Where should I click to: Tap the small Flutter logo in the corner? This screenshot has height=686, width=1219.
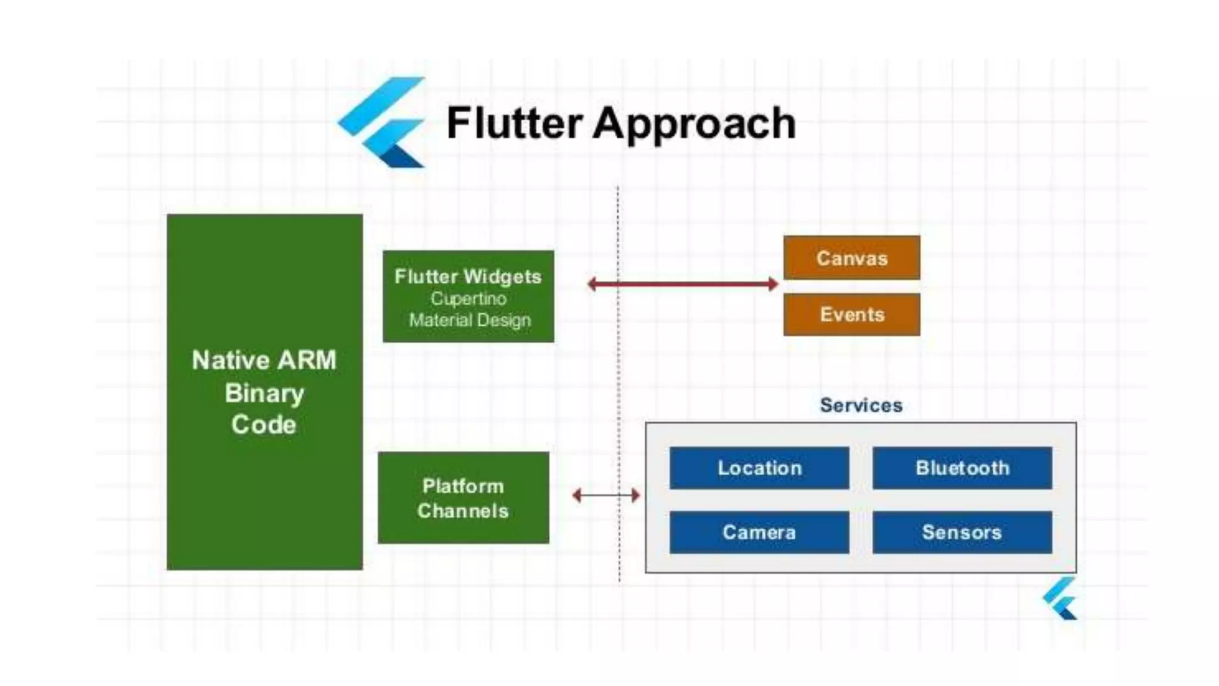point(1061,599)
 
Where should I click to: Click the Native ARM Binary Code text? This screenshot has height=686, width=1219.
point(264,392)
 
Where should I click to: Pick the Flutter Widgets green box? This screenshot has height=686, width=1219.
point(468,297)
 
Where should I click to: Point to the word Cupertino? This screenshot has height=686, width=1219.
point(468,298)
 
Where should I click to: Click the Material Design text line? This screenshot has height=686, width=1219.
point(469,320)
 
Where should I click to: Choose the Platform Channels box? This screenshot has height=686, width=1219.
point(463,498)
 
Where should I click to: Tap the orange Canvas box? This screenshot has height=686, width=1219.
point(851,258)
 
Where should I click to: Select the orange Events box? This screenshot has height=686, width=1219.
point(851,314)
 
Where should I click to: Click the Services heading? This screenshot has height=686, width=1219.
point(861,406)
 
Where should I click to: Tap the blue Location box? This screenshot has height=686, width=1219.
point(759,468)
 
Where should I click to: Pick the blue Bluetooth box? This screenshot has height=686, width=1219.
point(962,468)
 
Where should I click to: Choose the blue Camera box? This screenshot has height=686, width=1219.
point(759,532)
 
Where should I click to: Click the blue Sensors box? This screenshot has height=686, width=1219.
point(962,532)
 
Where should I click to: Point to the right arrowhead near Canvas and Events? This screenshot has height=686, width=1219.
point(773,284)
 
